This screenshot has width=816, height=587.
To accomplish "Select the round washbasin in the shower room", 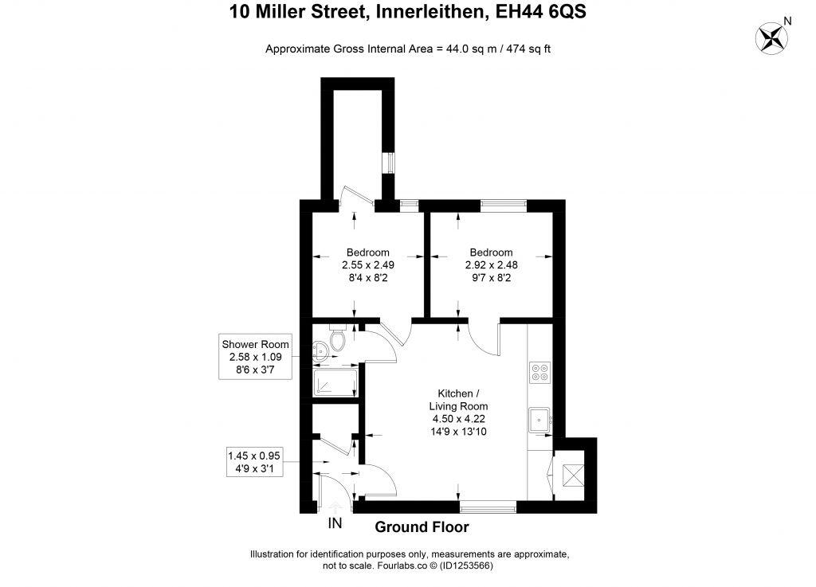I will coord(320,347).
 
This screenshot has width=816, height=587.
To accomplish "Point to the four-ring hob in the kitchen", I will coord(539,372).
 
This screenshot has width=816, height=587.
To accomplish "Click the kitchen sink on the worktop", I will coord(540,418).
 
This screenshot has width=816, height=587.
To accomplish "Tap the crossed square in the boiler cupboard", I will coord(572,475).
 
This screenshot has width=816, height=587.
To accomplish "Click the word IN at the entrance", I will coord(335,523).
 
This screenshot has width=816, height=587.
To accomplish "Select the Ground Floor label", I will coord(422,526).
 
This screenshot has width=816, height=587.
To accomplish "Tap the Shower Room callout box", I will coord(256,357).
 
